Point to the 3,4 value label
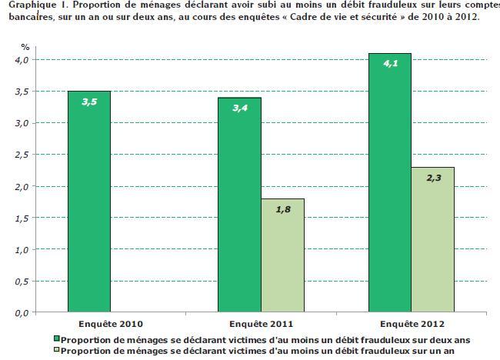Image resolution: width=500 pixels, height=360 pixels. coord(239,107)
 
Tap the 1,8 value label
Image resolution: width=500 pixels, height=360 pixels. coord(282,208)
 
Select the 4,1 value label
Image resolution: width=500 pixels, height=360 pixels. coord(389,63)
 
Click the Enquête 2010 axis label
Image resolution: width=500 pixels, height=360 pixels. coord(110,324)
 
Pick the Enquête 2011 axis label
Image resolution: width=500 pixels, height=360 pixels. coord(260,324)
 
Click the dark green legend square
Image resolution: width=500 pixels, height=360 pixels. coord(57,338)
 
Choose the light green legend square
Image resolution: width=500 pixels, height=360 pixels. coord(57,351)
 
